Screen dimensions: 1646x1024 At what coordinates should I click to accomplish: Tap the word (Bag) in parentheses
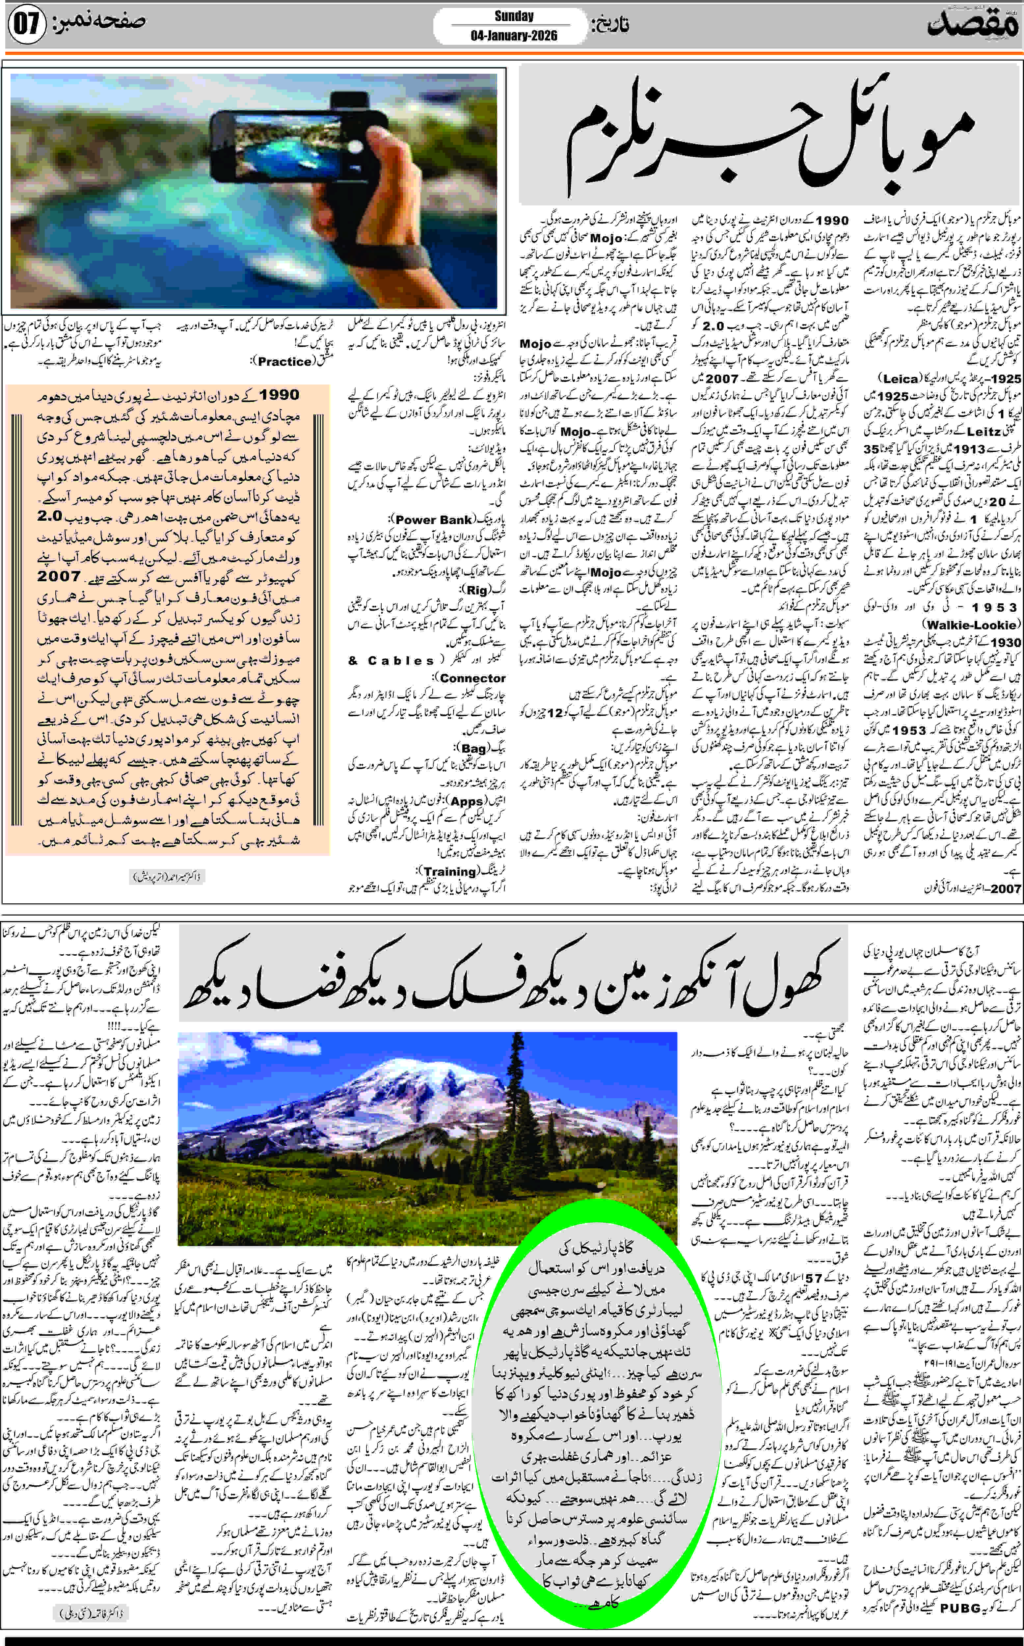(x=473, y=748)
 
